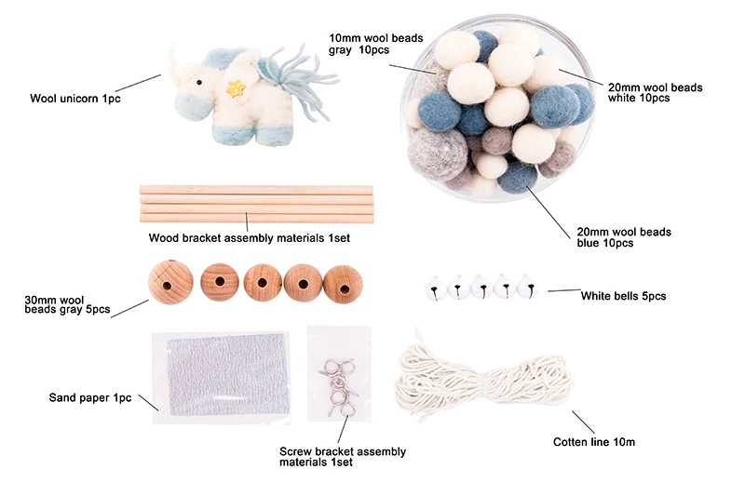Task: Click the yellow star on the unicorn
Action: [x=237, y=88]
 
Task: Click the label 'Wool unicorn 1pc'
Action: [x=75, y=98]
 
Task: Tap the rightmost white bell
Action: [x=527, y=288]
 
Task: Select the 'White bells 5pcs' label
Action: [x=623, y=296]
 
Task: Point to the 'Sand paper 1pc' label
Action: [x=89, y=397]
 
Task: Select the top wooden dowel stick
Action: [x=256, y=190]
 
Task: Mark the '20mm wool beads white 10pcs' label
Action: [x=654, y=92]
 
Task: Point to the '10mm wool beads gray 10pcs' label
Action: [x=375, y=44]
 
